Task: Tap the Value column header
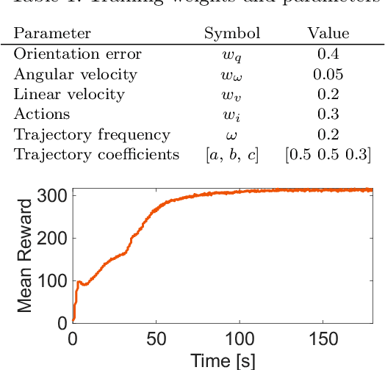point(328,33)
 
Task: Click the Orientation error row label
point(78,54)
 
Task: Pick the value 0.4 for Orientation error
point(327,54)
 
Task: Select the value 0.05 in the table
point(327,74)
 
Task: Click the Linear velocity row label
point(69,94)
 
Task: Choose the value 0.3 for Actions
point(327,115)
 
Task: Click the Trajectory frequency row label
point(92,134)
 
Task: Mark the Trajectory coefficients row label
point(97,154)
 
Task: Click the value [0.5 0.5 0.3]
point(328,155)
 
